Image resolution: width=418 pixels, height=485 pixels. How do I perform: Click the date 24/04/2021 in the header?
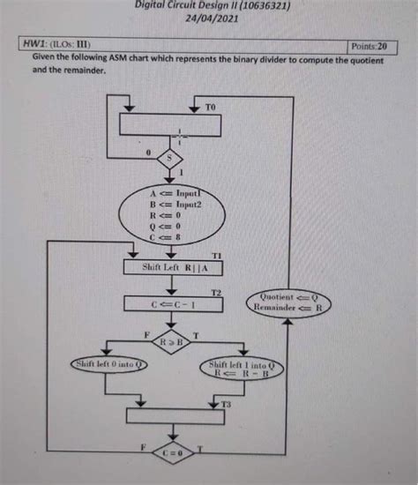coord(213,17)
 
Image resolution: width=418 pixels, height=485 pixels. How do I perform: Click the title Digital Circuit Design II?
coord(213,5)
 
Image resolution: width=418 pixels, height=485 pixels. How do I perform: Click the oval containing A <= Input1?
coord(179,212)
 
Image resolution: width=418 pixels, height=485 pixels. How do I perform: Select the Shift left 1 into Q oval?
coord(241,368)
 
